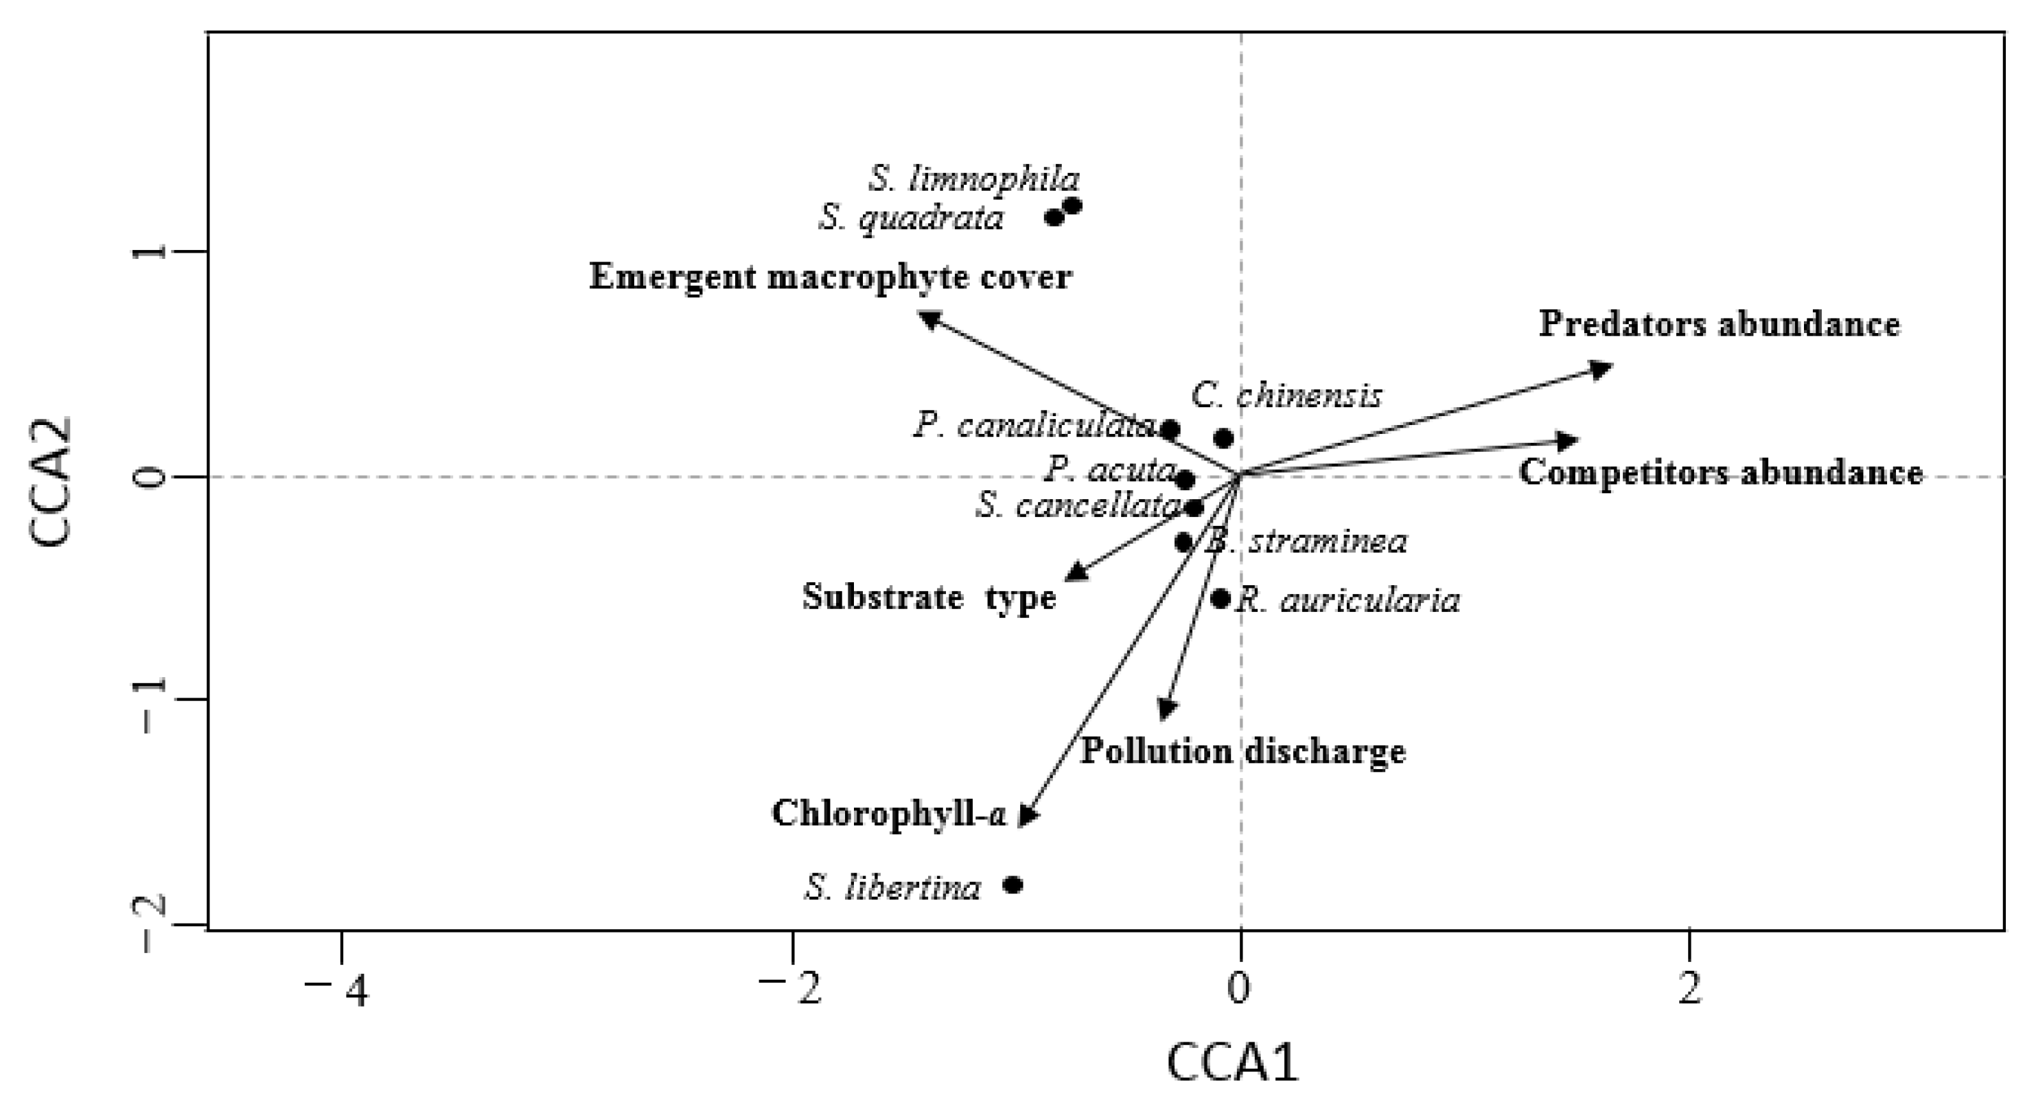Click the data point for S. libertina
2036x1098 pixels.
[x=1013, y=884]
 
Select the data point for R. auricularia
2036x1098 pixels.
[x=1221, y=598]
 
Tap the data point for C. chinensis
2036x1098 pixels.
[x=1223, y=438]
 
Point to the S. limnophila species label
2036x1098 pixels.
[x=975, y=179]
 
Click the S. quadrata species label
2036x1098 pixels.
[x=910, y=218]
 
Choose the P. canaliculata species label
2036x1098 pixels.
[x=1034, y=426]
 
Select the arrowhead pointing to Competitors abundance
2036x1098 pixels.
[x=1568, y=440]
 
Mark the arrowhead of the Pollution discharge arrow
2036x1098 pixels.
[x=1166, y=711]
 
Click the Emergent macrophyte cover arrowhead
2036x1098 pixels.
[x=928, y=318]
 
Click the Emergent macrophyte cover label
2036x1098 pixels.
[x=830, y=277]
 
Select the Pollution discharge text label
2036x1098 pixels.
[x=1242, y=751]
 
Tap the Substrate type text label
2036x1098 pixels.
[x=929, y=597]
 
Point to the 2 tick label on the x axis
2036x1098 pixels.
[x=1689, y=990]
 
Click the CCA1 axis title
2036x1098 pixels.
[x=1233, y=1064]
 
